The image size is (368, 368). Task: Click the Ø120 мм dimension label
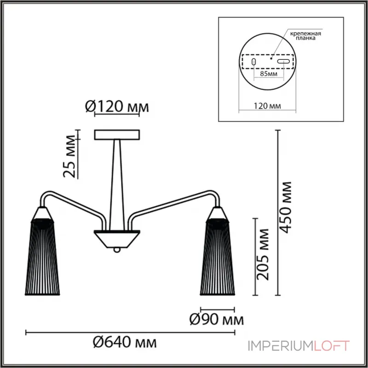click(x=117, y=107)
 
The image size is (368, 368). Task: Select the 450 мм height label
click(x=286, y=207)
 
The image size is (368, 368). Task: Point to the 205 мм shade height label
click(x=263, y=254)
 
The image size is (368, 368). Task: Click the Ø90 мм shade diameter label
click(x=217, y=319)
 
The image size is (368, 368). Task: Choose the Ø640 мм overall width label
click(x=125, y=342)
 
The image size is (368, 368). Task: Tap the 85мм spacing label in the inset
click(x=269, y=74)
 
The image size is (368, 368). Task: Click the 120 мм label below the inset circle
click(x=267, y=106)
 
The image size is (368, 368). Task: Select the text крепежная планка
click(x=305, y=35)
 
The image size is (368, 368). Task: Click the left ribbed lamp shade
click(x=42, y=257)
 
